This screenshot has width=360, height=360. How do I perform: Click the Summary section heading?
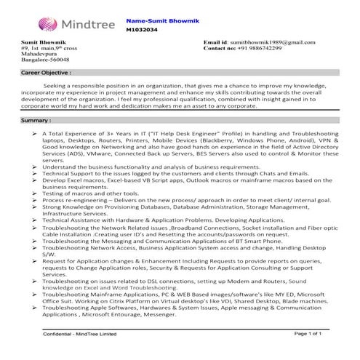click(36, 119)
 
